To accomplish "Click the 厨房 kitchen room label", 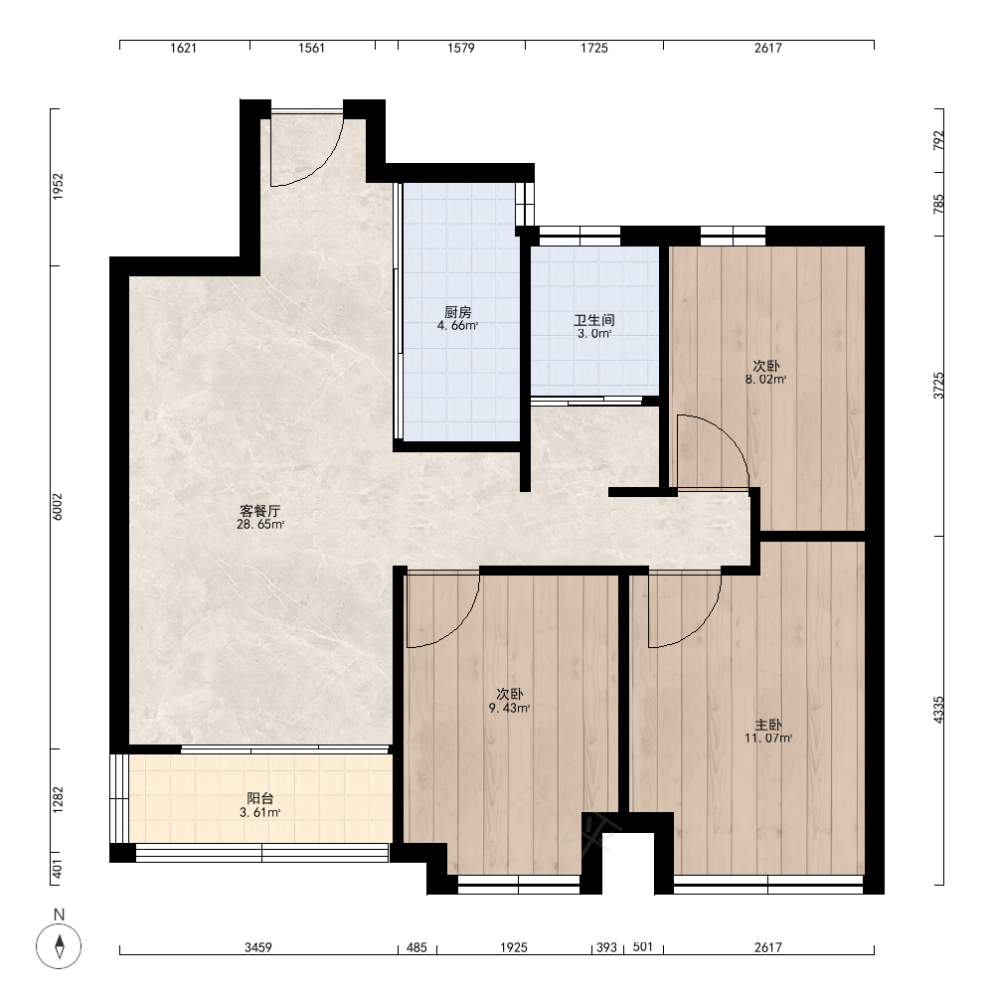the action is coord(457,312).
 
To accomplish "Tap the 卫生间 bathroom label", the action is coord(594,320).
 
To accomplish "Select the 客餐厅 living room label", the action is coord(259,511).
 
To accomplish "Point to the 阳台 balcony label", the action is coord(259,799).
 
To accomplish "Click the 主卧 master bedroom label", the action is coord(768,725).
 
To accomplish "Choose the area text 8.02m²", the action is coord(765,380).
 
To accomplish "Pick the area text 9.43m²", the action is coord(509,708).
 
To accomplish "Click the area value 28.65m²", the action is coord(259,525).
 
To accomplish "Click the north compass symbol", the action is coord(59,946).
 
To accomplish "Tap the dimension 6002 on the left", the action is coord(58,507).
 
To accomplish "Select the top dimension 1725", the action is coord(594,48).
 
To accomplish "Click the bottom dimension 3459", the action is coord(258,947).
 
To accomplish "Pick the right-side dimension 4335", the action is coord(938,710).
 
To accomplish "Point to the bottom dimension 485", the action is coord(416,947).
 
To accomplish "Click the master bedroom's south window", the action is coord(768,885).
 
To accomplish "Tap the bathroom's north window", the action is coord(580,236).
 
